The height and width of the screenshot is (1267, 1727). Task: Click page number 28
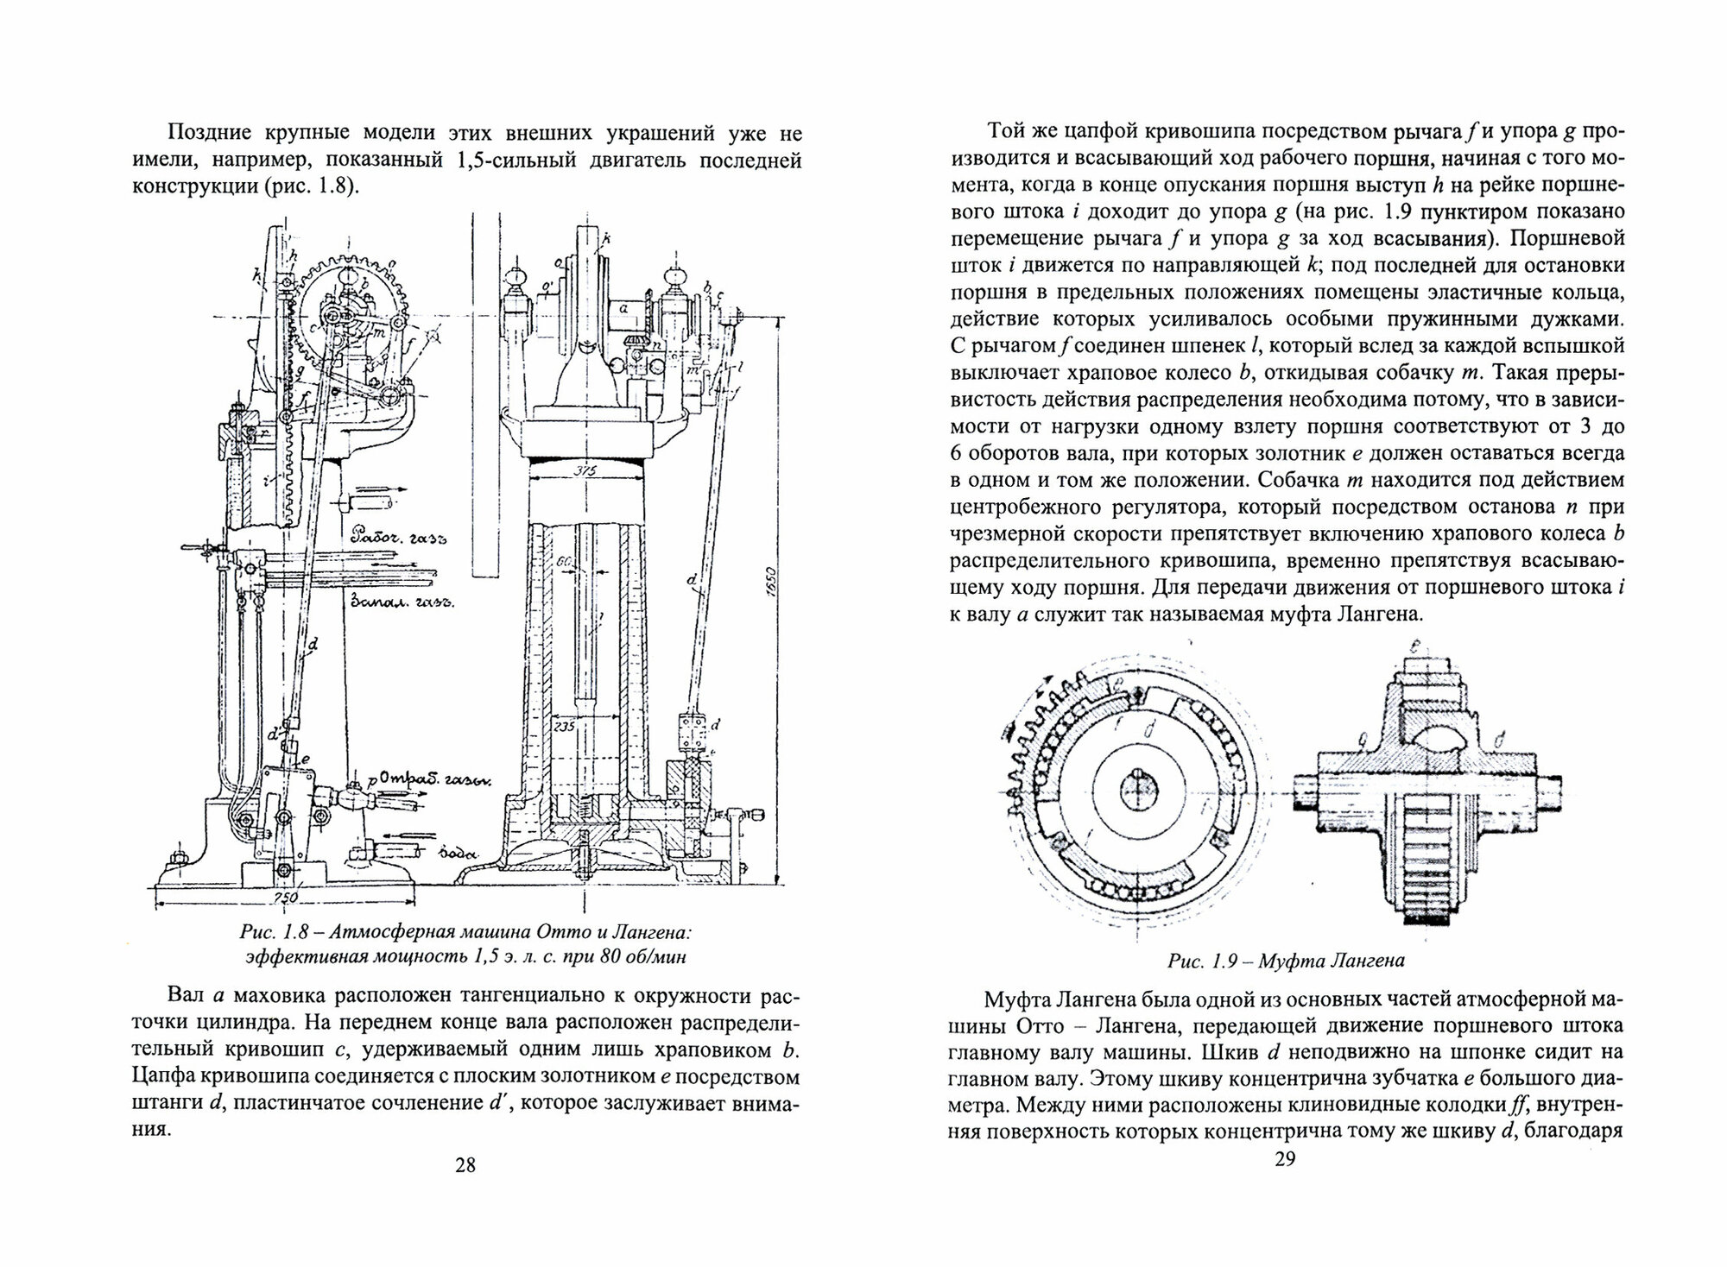465,1166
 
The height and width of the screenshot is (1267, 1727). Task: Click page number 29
1285,1159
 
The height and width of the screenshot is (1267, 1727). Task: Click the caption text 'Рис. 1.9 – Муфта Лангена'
1285,960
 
